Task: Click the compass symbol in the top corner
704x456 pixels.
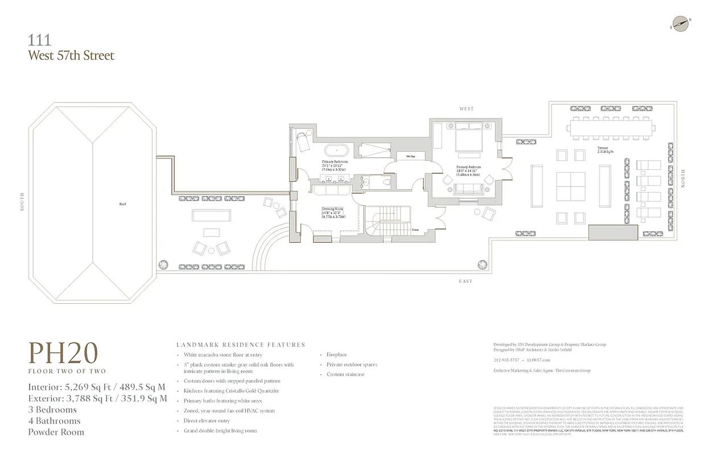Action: [x=680, y=23]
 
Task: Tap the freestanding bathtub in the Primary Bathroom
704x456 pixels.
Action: [x=336, y=151]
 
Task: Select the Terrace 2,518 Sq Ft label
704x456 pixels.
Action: [x=606, y=150]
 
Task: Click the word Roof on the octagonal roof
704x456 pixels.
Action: [x=122, y=203]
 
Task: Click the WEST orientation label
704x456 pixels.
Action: [x=467, y=109]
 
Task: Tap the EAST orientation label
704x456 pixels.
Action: [x=466, y=281]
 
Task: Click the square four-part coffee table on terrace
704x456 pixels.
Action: [x=571, y=187]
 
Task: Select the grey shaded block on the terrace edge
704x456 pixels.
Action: [x=613, y=233]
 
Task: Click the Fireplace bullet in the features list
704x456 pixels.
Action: [x=336, y=355]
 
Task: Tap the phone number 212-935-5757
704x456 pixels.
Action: [x=506, y=360]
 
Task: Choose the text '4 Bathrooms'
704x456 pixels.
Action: [x=55, y=421]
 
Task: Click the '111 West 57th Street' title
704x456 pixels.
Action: [x=71, y=48]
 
